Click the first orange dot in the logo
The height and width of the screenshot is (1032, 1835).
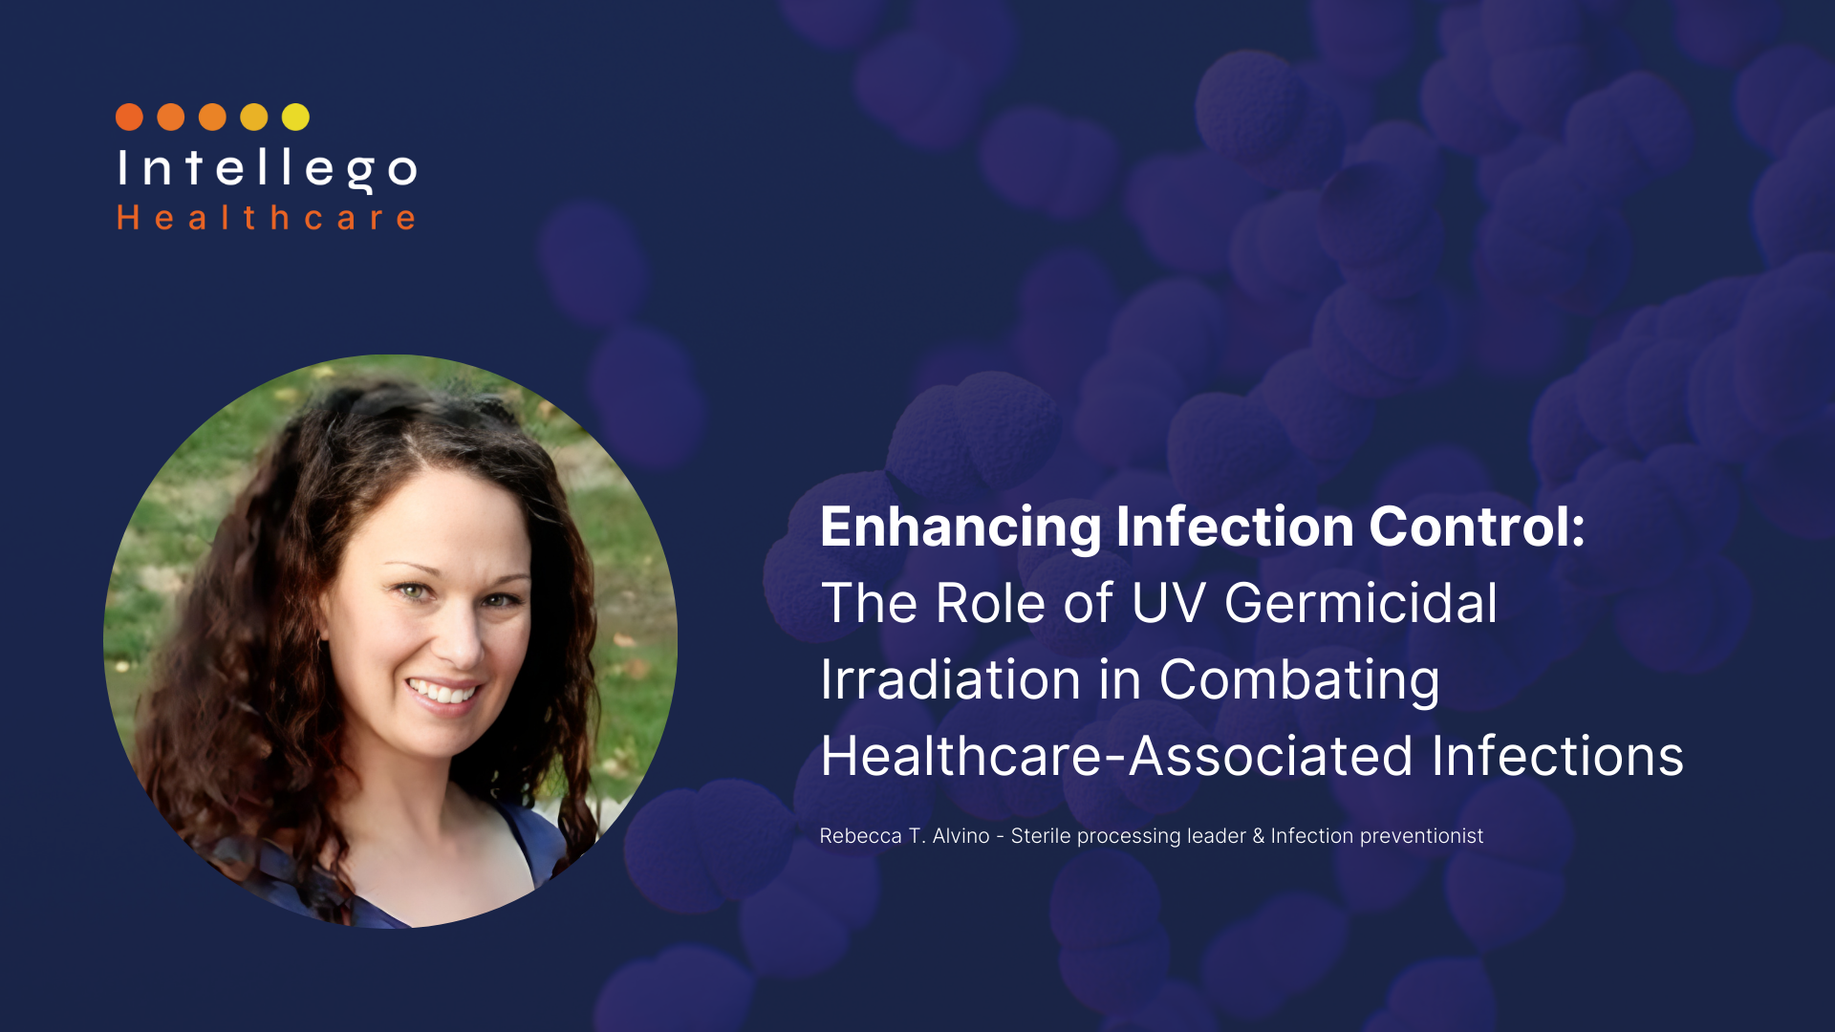click(129, 117)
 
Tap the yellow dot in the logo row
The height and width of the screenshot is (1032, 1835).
click(295, 117)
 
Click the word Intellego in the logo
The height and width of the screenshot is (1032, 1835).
click(267, 169)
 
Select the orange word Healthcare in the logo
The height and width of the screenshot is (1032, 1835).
click(266, 218)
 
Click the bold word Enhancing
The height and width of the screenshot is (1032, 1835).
click(961, 527)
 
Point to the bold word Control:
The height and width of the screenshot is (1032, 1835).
click(1477, 527)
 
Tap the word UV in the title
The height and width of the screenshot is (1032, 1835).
click(1168, 603)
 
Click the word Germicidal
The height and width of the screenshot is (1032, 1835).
click(1361, 604)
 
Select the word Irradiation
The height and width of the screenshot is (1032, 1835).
click(950, 679)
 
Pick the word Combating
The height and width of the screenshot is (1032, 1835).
click(1299, 681)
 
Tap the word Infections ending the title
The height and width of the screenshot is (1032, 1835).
click(1558, 756)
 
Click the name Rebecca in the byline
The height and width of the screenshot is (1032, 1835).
click(860, 836)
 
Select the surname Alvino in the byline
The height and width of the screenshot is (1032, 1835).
click(961, 836)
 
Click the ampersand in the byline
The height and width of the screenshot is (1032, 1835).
click(1258, 836)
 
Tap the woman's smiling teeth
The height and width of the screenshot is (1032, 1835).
click(442, 691)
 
